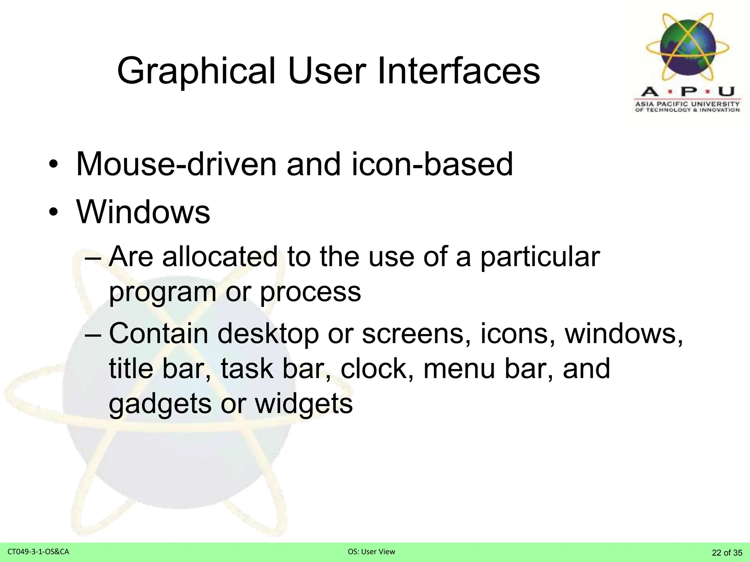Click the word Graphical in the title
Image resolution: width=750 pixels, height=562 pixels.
(196, 71)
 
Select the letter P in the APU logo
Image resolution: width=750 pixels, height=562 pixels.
(688, 91)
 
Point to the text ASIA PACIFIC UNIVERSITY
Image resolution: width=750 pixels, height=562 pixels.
(687, 104)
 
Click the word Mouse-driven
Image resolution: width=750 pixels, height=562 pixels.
(176, 164)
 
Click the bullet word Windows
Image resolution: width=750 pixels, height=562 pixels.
(143, 212)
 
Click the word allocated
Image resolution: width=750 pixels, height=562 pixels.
(220, 256)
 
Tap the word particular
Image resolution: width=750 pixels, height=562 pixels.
(540, 257)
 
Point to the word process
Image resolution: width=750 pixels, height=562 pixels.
(310, 292)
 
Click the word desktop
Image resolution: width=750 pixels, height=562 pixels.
(268, 334)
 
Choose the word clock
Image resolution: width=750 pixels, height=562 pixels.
(377, 369)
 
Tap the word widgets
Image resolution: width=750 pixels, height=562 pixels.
(304, 404)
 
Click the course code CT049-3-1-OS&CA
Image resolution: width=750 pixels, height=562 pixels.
(38, 552)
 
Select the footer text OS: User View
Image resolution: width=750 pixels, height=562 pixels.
(371, 552)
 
